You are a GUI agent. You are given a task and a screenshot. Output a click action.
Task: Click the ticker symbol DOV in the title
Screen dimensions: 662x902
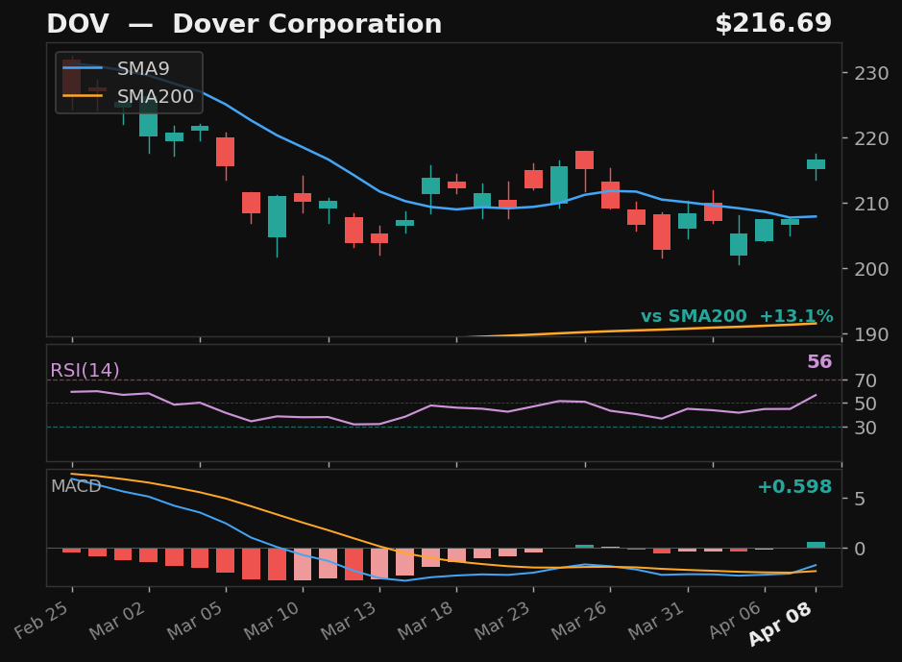coord(72,25)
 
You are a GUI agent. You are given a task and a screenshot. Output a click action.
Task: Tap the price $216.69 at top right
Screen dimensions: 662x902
coord(772,25)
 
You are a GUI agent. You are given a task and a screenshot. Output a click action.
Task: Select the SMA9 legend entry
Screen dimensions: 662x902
coord(143,69)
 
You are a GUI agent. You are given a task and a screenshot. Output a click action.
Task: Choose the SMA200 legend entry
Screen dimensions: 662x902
coord(155,96)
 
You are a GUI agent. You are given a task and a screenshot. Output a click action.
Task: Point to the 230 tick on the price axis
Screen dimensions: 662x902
coord(864,73)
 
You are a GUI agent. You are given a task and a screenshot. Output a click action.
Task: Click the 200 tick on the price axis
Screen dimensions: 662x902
coord(864,269)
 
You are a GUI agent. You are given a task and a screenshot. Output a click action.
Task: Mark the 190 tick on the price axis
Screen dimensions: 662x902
coord(864,334)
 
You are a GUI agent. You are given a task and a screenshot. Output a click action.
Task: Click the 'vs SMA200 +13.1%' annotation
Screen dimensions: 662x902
coord(737,317)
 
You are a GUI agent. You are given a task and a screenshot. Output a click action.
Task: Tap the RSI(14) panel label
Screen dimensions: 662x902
coord(85,371)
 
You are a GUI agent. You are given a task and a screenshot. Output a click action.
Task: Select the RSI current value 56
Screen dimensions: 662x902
coord(818,362)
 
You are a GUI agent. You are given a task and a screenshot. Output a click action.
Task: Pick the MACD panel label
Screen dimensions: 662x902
coord(76,486)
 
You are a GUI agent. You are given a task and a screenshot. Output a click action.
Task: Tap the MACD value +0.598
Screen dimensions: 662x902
coord(793,487)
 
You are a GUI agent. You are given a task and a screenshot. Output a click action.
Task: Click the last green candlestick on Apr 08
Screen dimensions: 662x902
coord(816,164)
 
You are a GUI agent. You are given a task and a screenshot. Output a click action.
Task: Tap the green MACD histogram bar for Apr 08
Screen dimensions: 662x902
coord(816,545)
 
